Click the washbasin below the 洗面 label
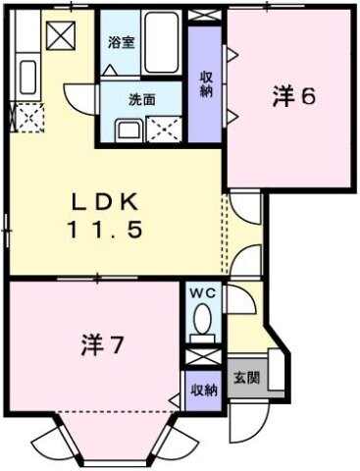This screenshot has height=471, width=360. click(127, 130)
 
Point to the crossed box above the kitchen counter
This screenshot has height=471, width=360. click(61, 35)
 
